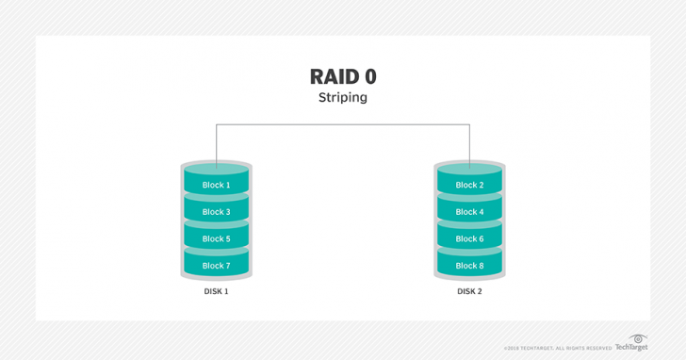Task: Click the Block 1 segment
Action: (x=216, y=185)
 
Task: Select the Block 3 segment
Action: (x=216, y=212)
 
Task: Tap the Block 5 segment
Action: (x=216, y=238)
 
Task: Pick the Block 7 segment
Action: (x=216, y=266)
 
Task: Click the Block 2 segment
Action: (x=468, y=185)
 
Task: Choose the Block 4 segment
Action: (x=468, y=212)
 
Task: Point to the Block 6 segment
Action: (x=468, y=238)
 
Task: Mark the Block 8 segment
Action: (x=468, y=266)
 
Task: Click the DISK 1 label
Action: (x=216, y=291)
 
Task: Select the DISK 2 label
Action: (x=468, y=291)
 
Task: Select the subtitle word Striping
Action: (x=343, y=97)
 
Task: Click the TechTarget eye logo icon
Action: (x=638, y=337)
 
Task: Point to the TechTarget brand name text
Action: (x=631, y=348)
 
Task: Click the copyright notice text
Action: (x=557, y=349)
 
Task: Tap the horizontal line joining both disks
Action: (x=343, y=124)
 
